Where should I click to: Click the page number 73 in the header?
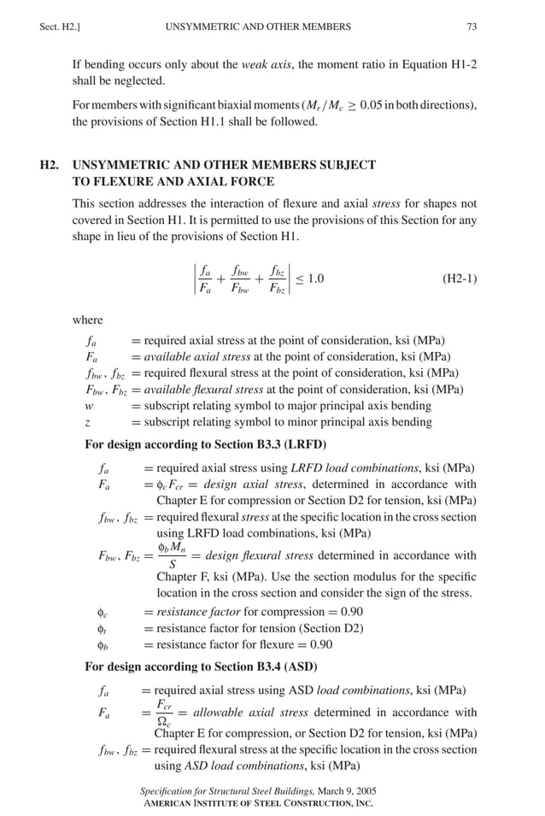(x=472, y=27)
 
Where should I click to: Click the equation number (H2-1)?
(x=460, y=279)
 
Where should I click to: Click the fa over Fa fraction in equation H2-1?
(x=206, y=279)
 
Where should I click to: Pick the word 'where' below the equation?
(x=87, y=320)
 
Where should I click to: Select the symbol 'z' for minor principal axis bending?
(x=88, y=422)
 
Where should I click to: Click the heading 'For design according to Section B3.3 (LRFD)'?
(x=205, y=445)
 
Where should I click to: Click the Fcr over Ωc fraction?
(x=162, y=713)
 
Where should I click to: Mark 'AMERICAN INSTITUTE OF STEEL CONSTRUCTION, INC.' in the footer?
(x=257, y=803)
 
